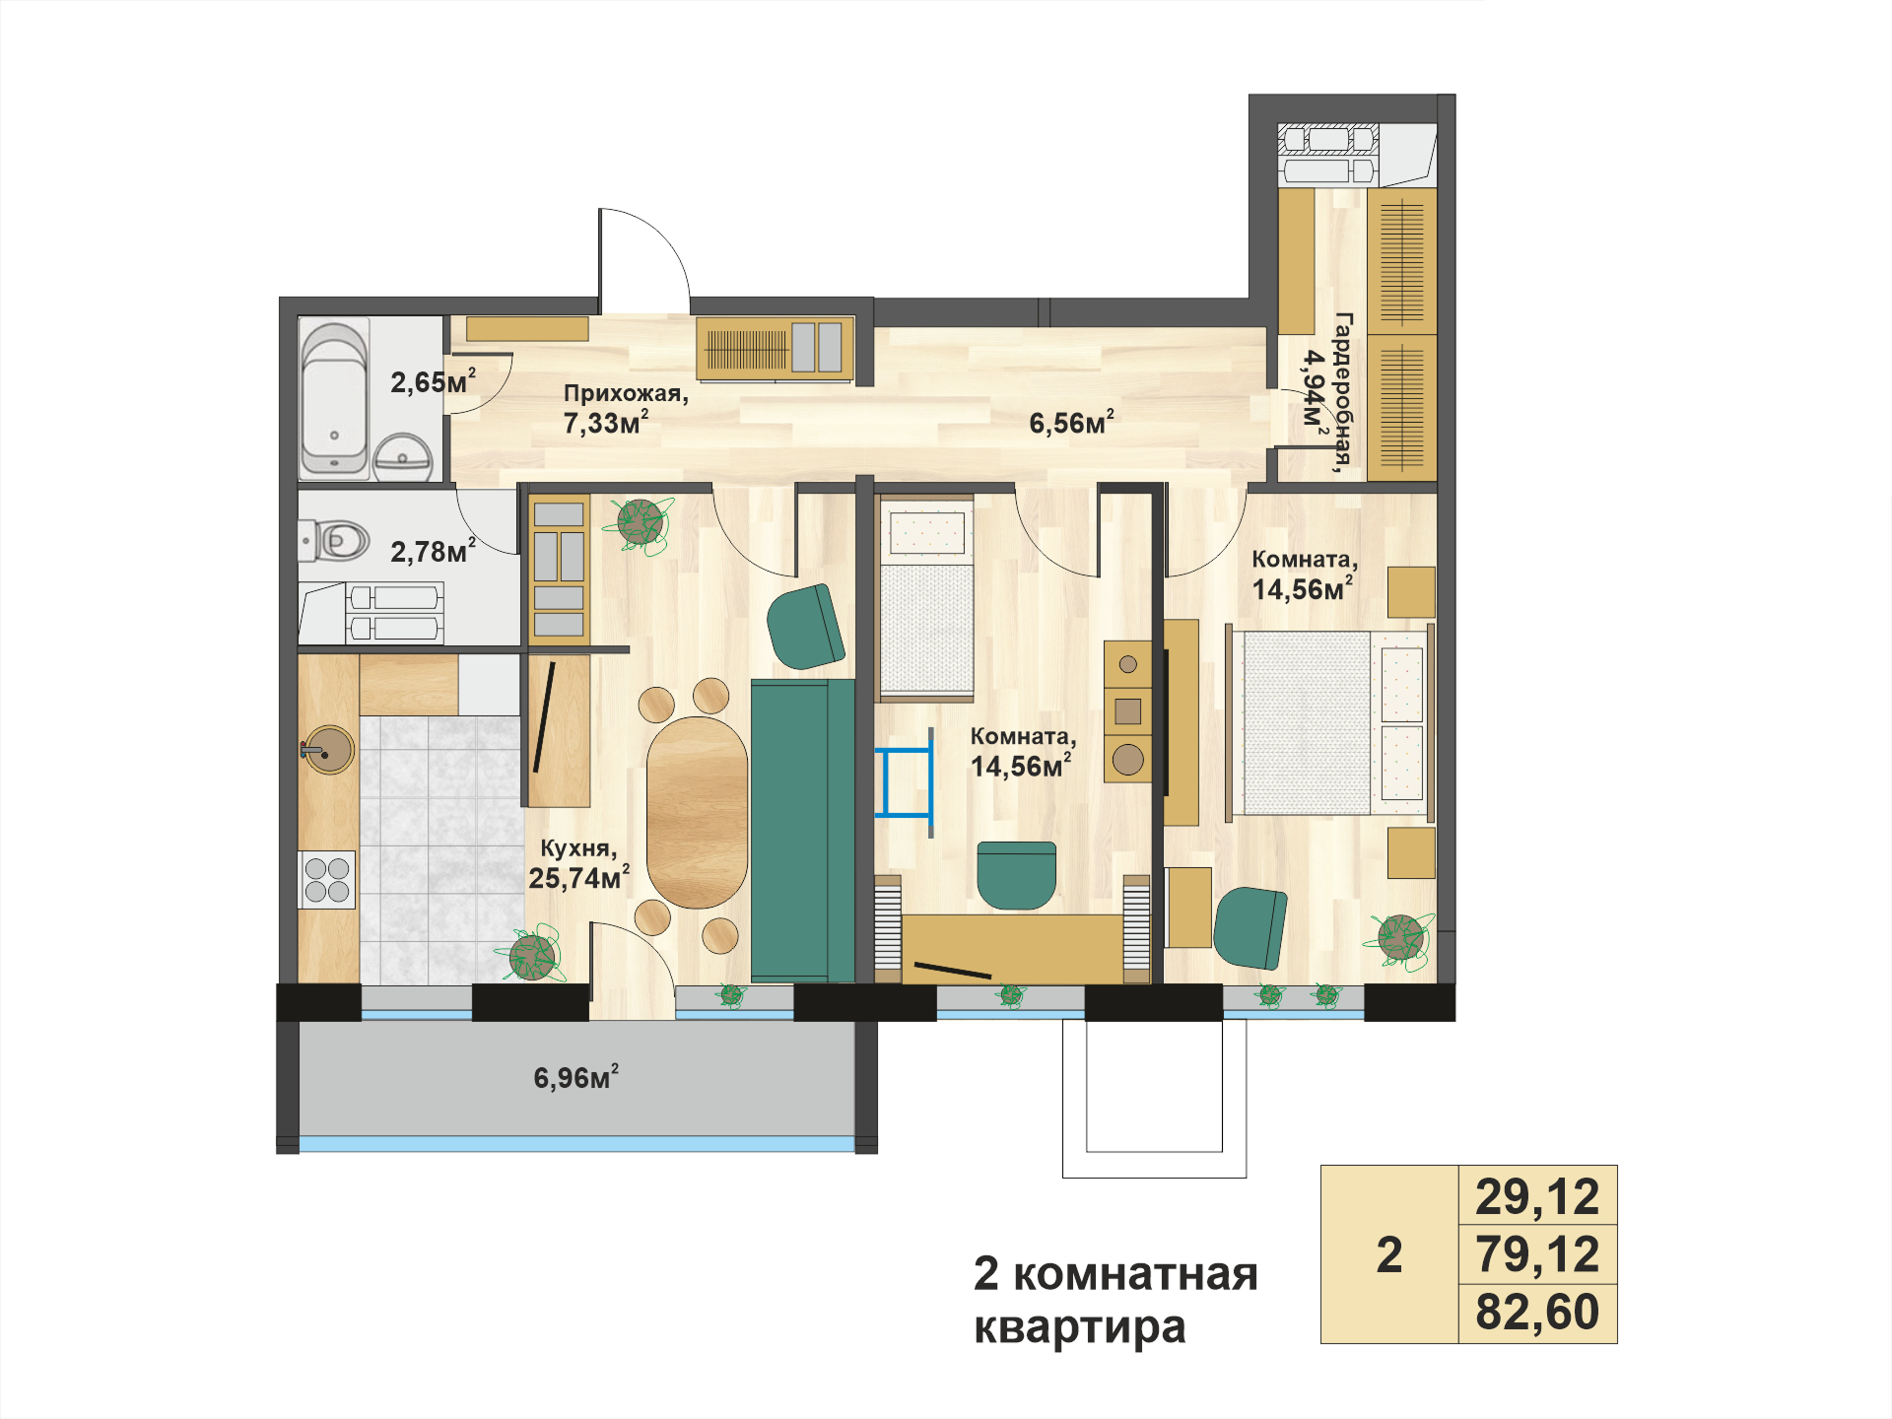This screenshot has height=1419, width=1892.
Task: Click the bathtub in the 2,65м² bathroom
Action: pyautogui.click(x=334, y=398)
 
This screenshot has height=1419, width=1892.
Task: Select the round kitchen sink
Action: pyautogui.click(x=328, y=750)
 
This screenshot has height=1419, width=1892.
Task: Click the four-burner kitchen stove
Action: pyautogui.click(x=327, y=879)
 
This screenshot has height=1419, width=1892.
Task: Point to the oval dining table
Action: pyautogui.click(x=697, y=812)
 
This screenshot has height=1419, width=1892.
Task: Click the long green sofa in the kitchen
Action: pyautogui.click(x=803, y=830)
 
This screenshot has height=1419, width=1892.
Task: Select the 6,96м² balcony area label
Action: pyautogui.click(x=576, y=1076)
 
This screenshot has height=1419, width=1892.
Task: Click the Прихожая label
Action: pyautogui.click(x=626, y=393)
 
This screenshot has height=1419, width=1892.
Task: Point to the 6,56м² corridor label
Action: pyautogui.click(x=1072, y=422)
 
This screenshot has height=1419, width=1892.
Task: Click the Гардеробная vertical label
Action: pyautogui.click(x=1344, y=392)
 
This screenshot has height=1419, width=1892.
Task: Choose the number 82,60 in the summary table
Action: pyautogui.click(x=1537, y=1313)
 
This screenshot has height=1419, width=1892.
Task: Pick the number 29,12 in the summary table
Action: pyautogui.click(x=1537, y=1196)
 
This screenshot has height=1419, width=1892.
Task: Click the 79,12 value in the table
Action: pyautogui.click(x=1537, y=1254)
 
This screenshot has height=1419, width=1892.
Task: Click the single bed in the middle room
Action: pyautogui.click(x=926, y=598)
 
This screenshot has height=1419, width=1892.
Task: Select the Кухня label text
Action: pyautogui.click(x=578, y=847)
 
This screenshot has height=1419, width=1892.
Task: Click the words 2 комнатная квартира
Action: pyautogui.click(x=1115, y=1300)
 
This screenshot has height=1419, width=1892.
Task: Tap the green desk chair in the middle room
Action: pyautogui.click(x=1017, y=874)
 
